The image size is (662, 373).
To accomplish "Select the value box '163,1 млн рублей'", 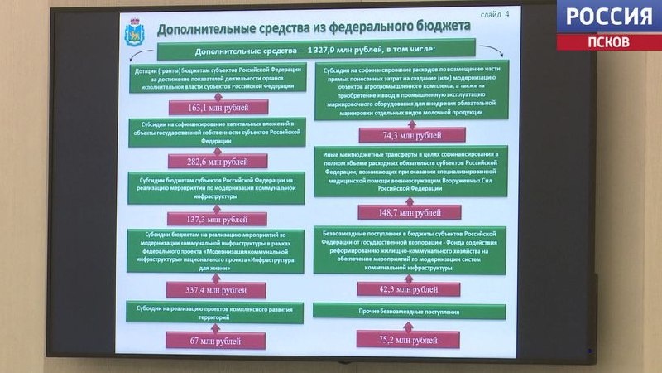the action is [x=218, y=107].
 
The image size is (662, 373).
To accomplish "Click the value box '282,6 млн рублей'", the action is [x=218, y=161].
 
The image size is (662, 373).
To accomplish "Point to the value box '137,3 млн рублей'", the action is [x=218, y=219].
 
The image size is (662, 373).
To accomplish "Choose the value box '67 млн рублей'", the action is [x=216, y=341].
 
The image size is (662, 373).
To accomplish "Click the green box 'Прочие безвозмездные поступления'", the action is [x=410, y=312].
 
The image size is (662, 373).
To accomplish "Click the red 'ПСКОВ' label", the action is [x=608, y=41].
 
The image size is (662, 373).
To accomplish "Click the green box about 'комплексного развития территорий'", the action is [x=216, y=312].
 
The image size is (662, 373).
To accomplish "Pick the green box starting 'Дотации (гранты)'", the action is [x=218, y=79].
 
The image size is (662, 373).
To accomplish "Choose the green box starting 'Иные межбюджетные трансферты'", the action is [x=411, y=172].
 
